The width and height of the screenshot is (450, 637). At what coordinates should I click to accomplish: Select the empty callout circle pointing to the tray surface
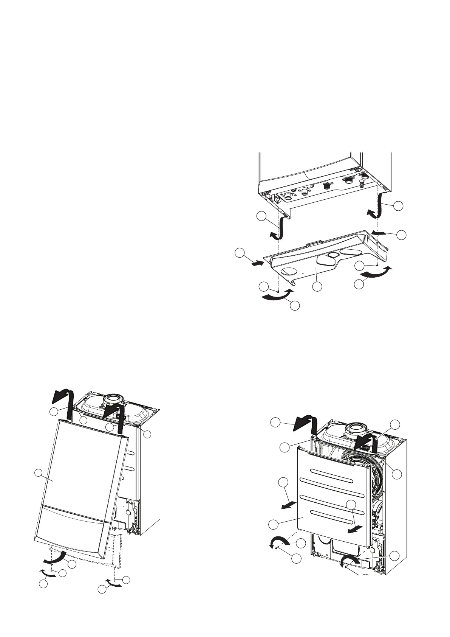[x=317, y=286]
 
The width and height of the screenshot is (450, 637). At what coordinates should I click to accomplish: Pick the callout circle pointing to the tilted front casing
[x=38, y=472]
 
